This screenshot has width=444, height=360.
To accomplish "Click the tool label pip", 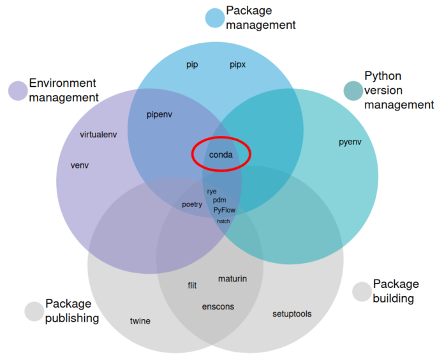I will (x=192, y=64).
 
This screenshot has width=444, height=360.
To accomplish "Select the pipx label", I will (x=238, y=64).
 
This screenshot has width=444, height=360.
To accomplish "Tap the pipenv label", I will (x=159, y=115).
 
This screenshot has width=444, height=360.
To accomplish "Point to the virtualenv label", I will (x=98, y=135).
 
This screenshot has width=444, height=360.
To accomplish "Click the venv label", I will (x=80, y=165).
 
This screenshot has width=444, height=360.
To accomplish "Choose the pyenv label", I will (x=350, y=142).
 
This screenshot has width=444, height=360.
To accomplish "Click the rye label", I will (x=212, y=191).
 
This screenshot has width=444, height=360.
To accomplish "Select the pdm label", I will (x=219, y=200).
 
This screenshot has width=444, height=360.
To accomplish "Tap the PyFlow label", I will (x=224, y=209).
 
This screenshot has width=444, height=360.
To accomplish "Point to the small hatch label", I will (x=223, y=221).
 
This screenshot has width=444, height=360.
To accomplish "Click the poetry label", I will (x=192, y=204).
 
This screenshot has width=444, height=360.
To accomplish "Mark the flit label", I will (x=192, y=285).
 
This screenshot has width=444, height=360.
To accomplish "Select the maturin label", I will (x=232, y=279).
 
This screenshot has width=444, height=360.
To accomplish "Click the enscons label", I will (x=218, y=306).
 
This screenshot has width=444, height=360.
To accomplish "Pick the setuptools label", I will (x=292, y=313).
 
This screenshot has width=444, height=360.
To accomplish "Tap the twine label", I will (x=140, y=320).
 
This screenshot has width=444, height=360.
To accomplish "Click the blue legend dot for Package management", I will (x=214, y=18).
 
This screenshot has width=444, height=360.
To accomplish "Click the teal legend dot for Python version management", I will (x=353, y=91).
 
